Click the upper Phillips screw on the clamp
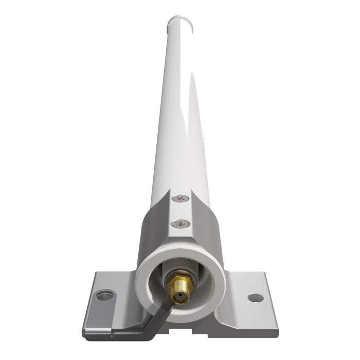179,198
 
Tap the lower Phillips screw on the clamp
180,224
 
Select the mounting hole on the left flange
105,295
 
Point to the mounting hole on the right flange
255,298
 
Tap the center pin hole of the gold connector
180,297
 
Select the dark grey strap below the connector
154,316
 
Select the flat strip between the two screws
180,211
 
